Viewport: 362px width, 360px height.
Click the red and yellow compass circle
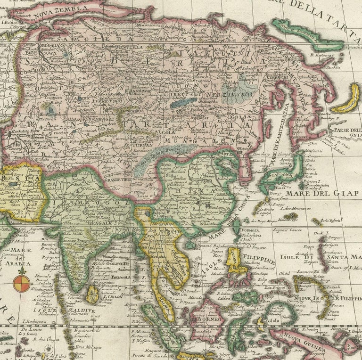coord(21,283)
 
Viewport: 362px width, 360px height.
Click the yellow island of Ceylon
coord(92,295)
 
